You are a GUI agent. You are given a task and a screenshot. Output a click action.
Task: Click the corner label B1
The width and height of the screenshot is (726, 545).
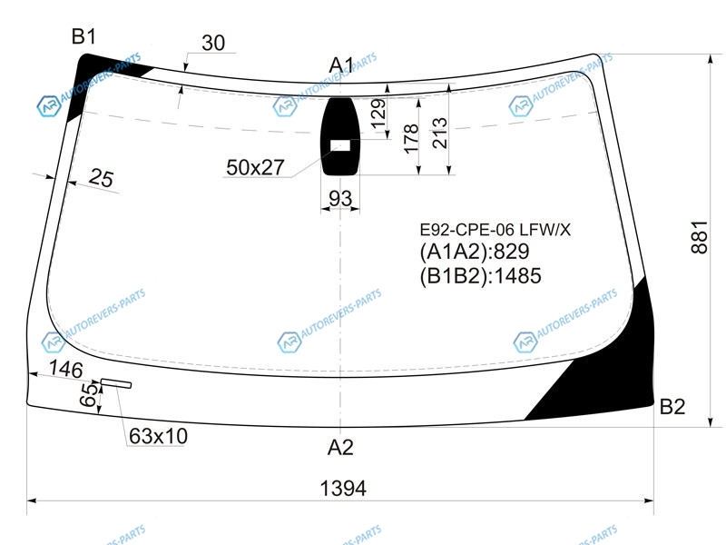click(83, 36)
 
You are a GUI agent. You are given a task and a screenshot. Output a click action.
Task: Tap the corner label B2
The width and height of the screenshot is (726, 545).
click(672, 406)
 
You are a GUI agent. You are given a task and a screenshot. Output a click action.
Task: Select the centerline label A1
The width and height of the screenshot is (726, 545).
click(341, 65)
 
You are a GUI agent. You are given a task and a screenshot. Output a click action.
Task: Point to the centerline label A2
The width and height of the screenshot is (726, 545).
click(340, 447)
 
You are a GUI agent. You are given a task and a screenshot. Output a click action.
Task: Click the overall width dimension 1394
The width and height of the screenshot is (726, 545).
click(343, 488)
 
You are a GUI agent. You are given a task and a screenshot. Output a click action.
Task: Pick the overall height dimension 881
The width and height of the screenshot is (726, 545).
click(700, 237)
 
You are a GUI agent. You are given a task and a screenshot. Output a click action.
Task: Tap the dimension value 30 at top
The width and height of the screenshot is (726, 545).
click(213, 43)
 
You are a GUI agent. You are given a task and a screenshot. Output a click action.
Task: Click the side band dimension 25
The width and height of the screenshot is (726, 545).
click(101, 177)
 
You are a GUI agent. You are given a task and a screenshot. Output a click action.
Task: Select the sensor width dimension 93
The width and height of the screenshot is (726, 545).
click(340, 198)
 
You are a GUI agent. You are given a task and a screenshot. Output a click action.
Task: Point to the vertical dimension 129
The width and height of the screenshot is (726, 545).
click(378, 114)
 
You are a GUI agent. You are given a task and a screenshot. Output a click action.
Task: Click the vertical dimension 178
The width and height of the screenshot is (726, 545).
click(411, 138)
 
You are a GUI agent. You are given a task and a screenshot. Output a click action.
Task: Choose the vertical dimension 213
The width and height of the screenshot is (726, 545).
click(440, 133)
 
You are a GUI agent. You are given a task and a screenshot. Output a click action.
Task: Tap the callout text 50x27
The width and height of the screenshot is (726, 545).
click(255, 167)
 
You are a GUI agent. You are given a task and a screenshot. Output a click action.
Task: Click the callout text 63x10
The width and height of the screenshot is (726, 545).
click(158, 436)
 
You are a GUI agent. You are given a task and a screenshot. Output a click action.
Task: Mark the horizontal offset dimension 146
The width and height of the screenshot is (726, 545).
click(65, 369)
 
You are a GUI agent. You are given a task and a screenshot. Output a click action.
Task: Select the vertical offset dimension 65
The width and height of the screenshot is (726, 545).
click(89, 395)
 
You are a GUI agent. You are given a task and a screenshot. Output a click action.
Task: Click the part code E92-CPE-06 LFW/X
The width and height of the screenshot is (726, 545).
click(495, 230)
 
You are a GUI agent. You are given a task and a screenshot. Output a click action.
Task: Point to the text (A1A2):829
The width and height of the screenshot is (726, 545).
click(475, 252)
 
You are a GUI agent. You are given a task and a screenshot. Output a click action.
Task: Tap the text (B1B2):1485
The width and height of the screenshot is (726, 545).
click(481, 276)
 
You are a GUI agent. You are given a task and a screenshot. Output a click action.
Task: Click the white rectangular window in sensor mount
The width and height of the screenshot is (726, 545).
click(340, 145)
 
